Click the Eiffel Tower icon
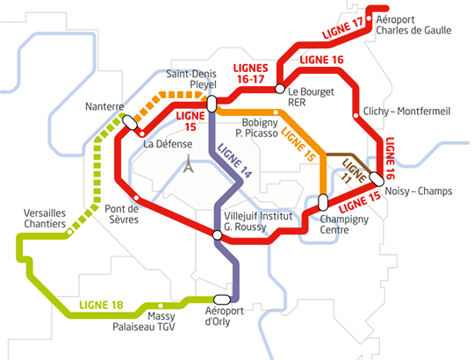coord(189,163)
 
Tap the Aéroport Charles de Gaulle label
coord(413,25)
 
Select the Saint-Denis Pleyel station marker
coord(212,104)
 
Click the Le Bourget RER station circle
coord(280,89)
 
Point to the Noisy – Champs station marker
coord(377,179)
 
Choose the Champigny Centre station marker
coord(323,202)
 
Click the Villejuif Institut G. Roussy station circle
coord(217,234)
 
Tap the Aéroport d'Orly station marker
coord(222,299)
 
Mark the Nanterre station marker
coord(130,122)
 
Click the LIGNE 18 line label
coord(101,305)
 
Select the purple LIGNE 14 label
coord(234,160)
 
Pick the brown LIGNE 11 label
coord(352,172)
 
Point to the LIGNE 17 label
coord(342,29)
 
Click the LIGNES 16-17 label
coord(250,74)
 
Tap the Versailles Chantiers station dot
coord(69,232)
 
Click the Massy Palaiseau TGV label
coord(144,321)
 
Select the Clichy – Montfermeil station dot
coord(356,116)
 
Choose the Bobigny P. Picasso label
coord(257,128)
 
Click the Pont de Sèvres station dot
coord(136,198)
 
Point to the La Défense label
coord(168,144)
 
